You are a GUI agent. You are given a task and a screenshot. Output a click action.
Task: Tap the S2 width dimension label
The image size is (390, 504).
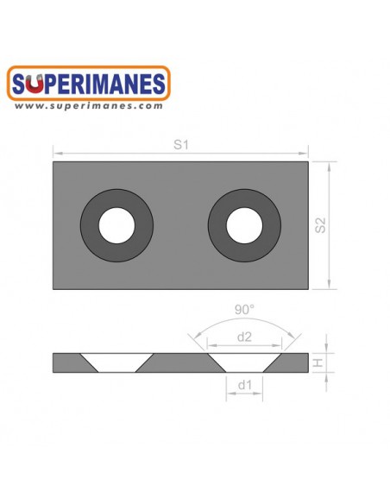[320, 226]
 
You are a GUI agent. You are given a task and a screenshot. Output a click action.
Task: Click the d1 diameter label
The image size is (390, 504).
[245, 387]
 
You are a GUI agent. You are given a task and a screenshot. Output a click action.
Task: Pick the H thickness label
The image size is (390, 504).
[318, 363]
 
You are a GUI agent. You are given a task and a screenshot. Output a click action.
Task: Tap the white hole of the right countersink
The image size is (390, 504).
[245, 226]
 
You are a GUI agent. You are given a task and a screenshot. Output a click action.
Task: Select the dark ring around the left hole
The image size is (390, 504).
[92, 226]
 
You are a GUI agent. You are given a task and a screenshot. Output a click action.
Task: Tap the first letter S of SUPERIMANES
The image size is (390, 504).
[22, 85]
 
